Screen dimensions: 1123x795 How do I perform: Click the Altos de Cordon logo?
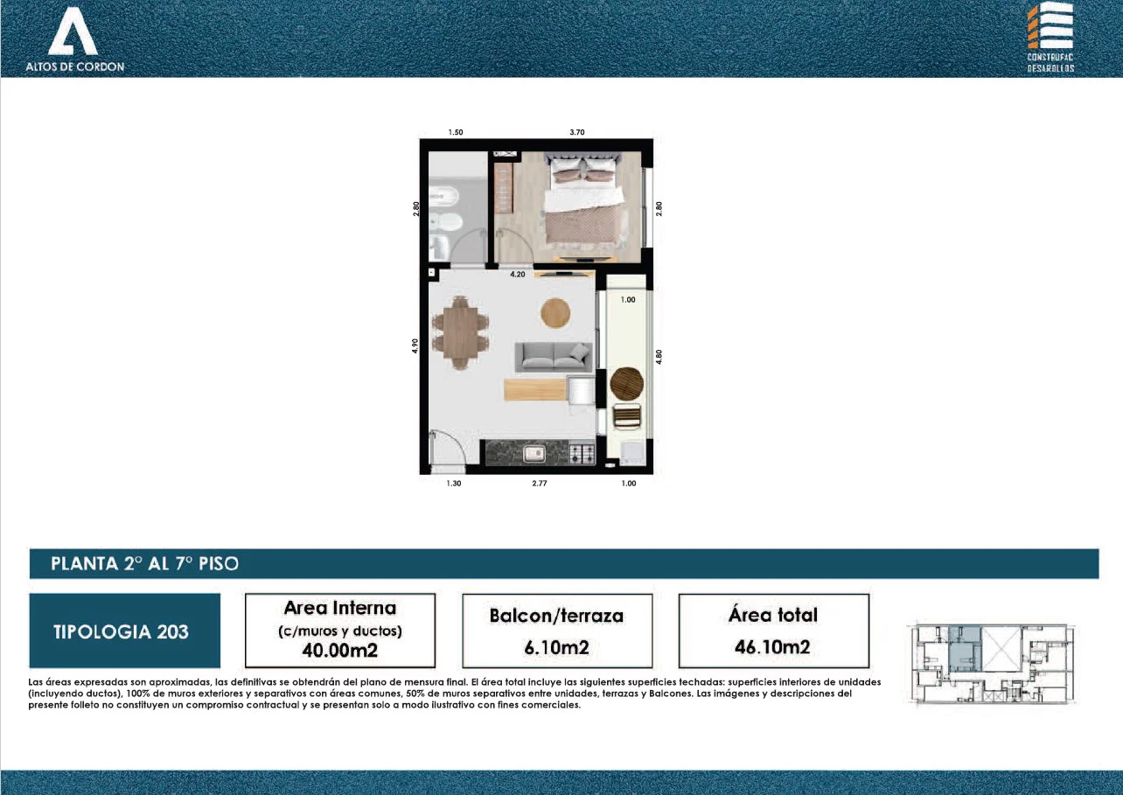(74, 39)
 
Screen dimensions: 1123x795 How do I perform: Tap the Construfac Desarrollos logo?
(1050, 38)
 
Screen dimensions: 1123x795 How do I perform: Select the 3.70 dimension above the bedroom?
(577, 132)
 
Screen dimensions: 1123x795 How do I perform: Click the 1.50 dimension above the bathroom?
(455, 132)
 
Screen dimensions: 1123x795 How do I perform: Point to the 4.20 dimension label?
(518, 275)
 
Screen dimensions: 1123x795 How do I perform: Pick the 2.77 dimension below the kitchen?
(540, 484)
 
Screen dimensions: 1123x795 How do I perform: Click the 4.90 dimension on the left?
(415, 345)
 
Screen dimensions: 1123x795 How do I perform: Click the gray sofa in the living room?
(554, 357)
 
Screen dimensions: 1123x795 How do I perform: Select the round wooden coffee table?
(555, 313)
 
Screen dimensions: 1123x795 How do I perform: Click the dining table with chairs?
(460, 333)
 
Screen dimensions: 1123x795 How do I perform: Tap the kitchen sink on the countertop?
(534, 454)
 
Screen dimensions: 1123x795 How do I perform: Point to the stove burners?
(582, 454)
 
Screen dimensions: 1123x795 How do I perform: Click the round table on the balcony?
(627, 383)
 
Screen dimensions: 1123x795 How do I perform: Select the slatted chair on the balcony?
(627, 416)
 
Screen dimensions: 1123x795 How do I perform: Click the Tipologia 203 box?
(125, 631)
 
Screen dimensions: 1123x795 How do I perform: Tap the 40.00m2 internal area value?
(340, 650)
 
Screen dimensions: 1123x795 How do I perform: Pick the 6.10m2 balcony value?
(556, 647)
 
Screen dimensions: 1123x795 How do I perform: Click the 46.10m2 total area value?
(772, 647)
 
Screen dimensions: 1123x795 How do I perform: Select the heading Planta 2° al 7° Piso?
(145, 564)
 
